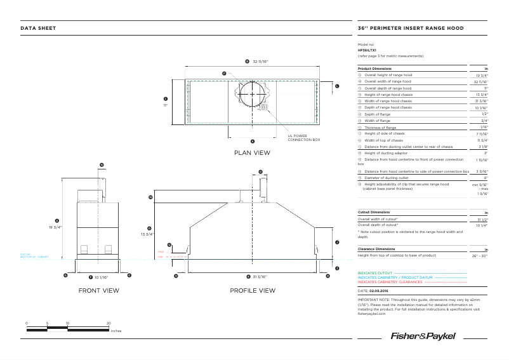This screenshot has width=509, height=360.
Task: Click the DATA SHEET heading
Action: tap(38, 28)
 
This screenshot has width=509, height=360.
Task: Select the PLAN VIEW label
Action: tap(252, 152)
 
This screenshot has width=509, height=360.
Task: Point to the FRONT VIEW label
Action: tap(98, 290)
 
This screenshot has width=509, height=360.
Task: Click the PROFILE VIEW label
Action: tap(253, 290)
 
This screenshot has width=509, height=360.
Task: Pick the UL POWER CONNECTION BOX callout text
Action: tap(304, 137)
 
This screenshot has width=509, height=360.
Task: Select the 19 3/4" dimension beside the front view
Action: tap(56, 227)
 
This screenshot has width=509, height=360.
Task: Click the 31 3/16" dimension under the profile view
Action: tap(257, 277)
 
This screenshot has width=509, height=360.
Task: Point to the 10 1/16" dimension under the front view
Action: tap(100, 277)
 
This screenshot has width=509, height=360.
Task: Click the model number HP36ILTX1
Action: tap(367, 50)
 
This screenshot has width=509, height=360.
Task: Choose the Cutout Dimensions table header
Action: tap(374, 212)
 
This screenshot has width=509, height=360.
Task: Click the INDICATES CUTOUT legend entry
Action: tap(375, 274)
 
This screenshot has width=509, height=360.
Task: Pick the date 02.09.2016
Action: tap(378, 290)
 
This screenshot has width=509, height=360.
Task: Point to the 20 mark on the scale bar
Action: tap(109, 323)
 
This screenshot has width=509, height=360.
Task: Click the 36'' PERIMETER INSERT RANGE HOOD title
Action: tap(411, 28)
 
